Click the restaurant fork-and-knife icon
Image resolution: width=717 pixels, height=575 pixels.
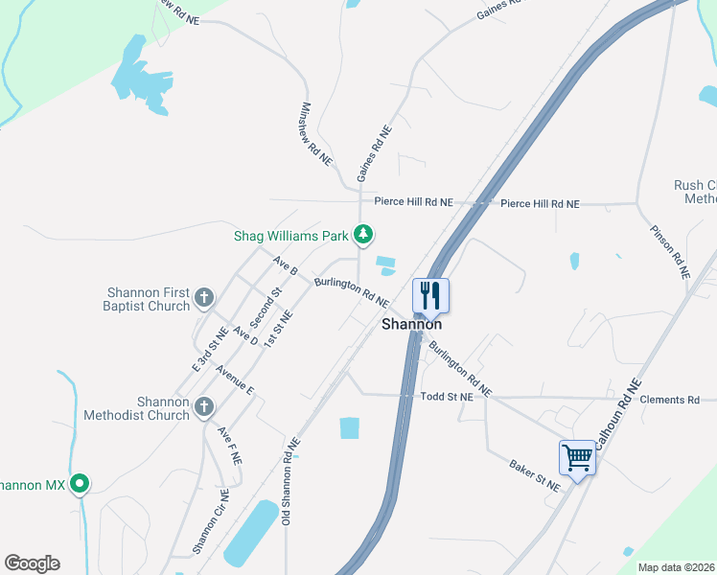pos(430,294)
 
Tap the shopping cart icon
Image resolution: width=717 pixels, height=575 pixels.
pos(577,457)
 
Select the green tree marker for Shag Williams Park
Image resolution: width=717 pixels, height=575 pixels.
pos(363,234)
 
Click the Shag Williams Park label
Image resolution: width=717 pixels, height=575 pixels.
pos(292,235)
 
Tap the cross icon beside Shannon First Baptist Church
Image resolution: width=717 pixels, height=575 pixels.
pos(203,299)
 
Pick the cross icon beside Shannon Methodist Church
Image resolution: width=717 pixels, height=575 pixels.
pos(203,408)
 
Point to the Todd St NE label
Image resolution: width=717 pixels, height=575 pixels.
pos(448,396)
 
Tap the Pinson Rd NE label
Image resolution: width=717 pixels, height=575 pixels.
pos(669,252)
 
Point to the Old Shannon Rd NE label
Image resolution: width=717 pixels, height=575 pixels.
pos(290,482)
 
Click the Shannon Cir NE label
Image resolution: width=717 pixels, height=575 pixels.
pos(211,521)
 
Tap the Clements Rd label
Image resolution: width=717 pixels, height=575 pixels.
pos(671,400)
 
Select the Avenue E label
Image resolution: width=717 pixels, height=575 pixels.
pos(235,379)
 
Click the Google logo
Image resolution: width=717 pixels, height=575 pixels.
pos(32,563)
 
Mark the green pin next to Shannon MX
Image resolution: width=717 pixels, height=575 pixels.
pos(81,485)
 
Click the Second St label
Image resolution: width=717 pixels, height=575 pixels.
pos(267,304)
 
